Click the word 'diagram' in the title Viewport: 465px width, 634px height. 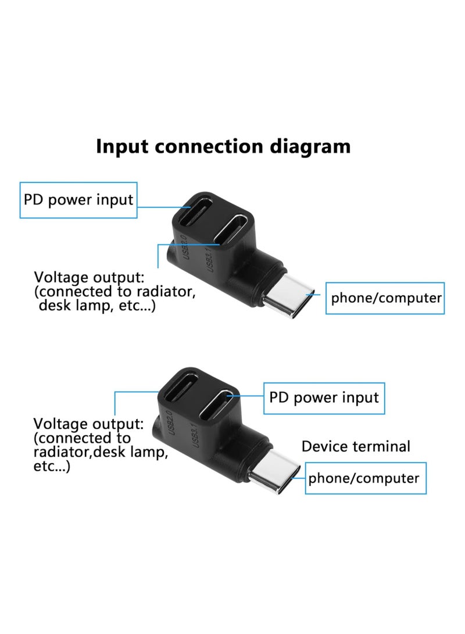310,147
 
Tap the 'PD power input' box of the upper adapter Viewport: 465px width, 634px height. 78,200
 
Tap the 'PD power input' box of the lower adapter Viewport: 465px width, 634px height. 324,398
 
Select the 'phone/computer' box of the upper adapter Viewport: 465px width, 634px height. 385,298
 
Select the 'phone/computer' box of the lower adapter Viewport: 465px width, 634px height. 366,478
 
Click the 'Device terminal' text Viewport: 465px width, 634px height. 356,446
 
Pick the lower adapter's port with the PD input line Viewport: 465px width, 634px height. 216,404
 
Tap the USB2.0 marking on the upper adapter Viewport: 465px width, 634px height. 184,247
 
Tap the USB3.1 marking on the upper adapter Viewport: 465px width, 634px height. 208,260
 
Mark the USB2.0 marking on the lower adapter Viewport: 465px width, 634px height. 170,423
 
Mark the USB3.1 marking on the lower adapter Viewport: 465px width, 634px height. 195,435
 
